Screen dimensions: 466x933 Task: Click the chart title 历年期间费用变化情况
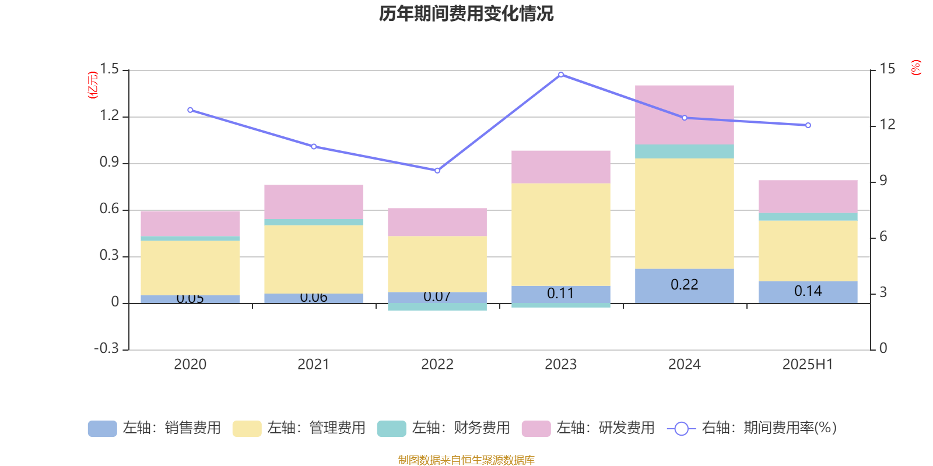click(x=466, y=13)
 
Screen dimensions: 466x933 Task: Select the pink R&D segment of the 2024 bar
click(x=684, y=115)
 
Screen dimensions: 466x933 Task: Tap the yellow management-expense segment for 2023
click(x=560, y=235)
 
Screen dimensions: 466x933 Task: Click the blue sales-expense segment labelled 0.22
click(x=684, y=285)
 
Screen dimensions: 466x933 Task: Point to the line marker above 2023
click(x=561, y=75)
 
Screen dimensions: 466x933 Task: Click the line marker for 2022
click(x=437, y=171)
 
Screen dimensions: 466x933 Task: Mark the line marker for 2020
click(x=190, y=110)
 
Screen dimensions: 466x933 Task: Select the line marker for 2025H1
click(x=808, y=125)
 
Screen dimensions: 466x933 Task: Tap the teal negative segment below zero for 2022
click(x=437, y=307)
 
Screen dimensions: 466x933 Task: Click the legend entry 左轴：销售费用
click(x=155, y=428)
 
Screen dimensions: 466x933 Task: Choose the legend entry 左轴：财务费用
click(x=444, y=428)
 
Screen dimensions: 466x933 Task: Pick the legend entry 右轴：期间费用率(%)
click(x=752, y=428)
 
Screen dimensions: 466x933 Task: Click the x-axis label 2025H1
click(x=808, y=365)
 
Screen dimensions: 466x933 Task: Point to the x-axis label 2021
click(x=314, y=365)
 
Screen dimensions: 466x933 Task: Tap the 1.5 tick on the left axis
click(x=109, y=69)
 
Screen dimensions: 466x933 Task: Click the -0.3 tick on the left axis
click(x=106, y=348)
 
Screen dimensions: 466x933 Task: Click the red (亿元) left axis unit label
click(x=93, y=85)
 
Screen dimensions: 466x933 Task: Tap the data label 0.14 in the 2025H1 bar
click(x=808, y=291)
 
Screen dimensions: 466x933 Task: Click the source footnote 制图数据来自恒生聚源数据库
click(x=466, y=460)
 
